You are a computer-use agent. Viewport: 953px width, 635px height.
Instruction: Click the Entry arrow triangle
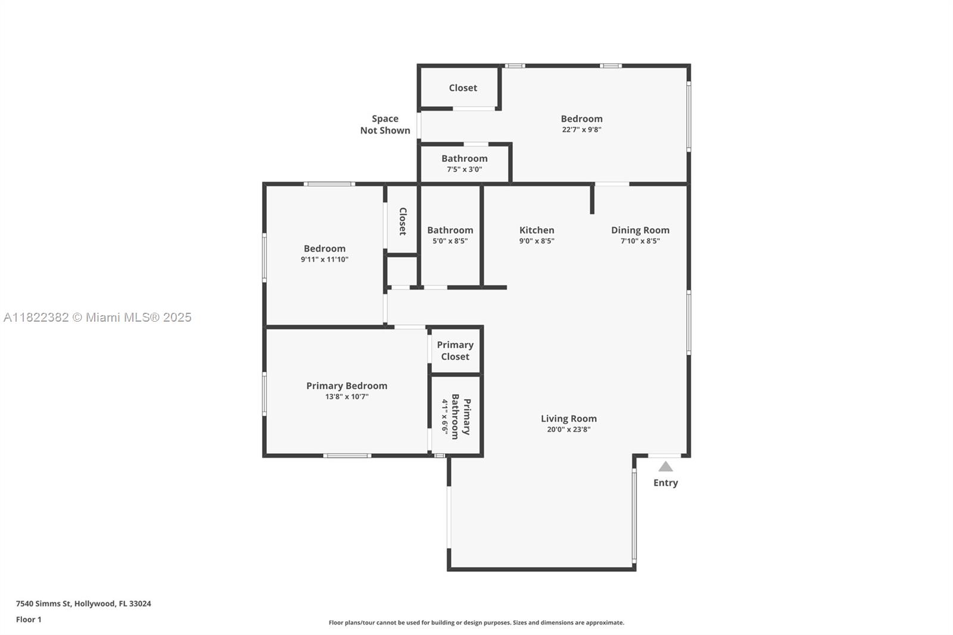665,467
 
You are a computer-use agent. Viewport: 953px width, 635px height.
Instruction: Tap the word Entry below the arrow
665,483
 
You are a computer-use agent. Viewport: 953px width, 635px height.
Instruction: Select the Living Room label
568,419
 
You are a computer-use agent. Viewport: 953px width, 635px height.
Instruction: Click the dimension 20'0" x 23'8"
568,429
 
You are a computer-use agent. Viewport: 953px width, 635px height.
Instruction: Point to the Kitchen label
537,230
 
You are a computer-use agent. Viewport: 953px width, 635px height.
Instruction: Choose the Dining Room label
640,230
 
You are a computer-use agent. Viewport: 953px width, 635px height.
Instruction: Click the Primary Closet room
455,351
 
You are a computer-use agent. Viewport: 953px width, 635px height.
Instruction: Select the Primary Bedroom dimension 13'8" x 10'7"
347,397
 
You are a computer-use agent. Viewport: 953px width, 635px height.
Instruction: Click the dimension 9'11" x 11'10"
324,260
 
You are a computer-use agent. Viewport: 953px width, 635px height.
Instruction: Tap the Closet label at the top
463,88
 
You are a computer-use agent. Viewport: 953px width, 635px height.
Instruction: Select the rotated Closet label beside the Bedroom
403,222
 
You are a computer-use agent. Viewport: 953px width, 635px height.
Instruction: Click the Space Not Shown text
385,124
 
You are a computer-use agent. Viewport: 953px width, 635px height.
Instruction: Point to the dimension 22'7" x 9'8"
581,130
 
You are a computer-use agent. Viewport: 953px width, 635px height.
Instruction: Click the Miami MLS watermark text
98,317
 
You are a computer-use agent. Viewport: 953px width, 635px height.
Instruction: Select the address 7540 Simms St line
83,603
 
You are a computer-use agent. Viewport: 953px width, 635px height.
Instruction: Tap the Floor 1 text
29,620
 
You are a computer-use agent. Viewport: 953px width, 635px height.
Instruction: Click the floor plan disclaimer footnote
476,622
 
